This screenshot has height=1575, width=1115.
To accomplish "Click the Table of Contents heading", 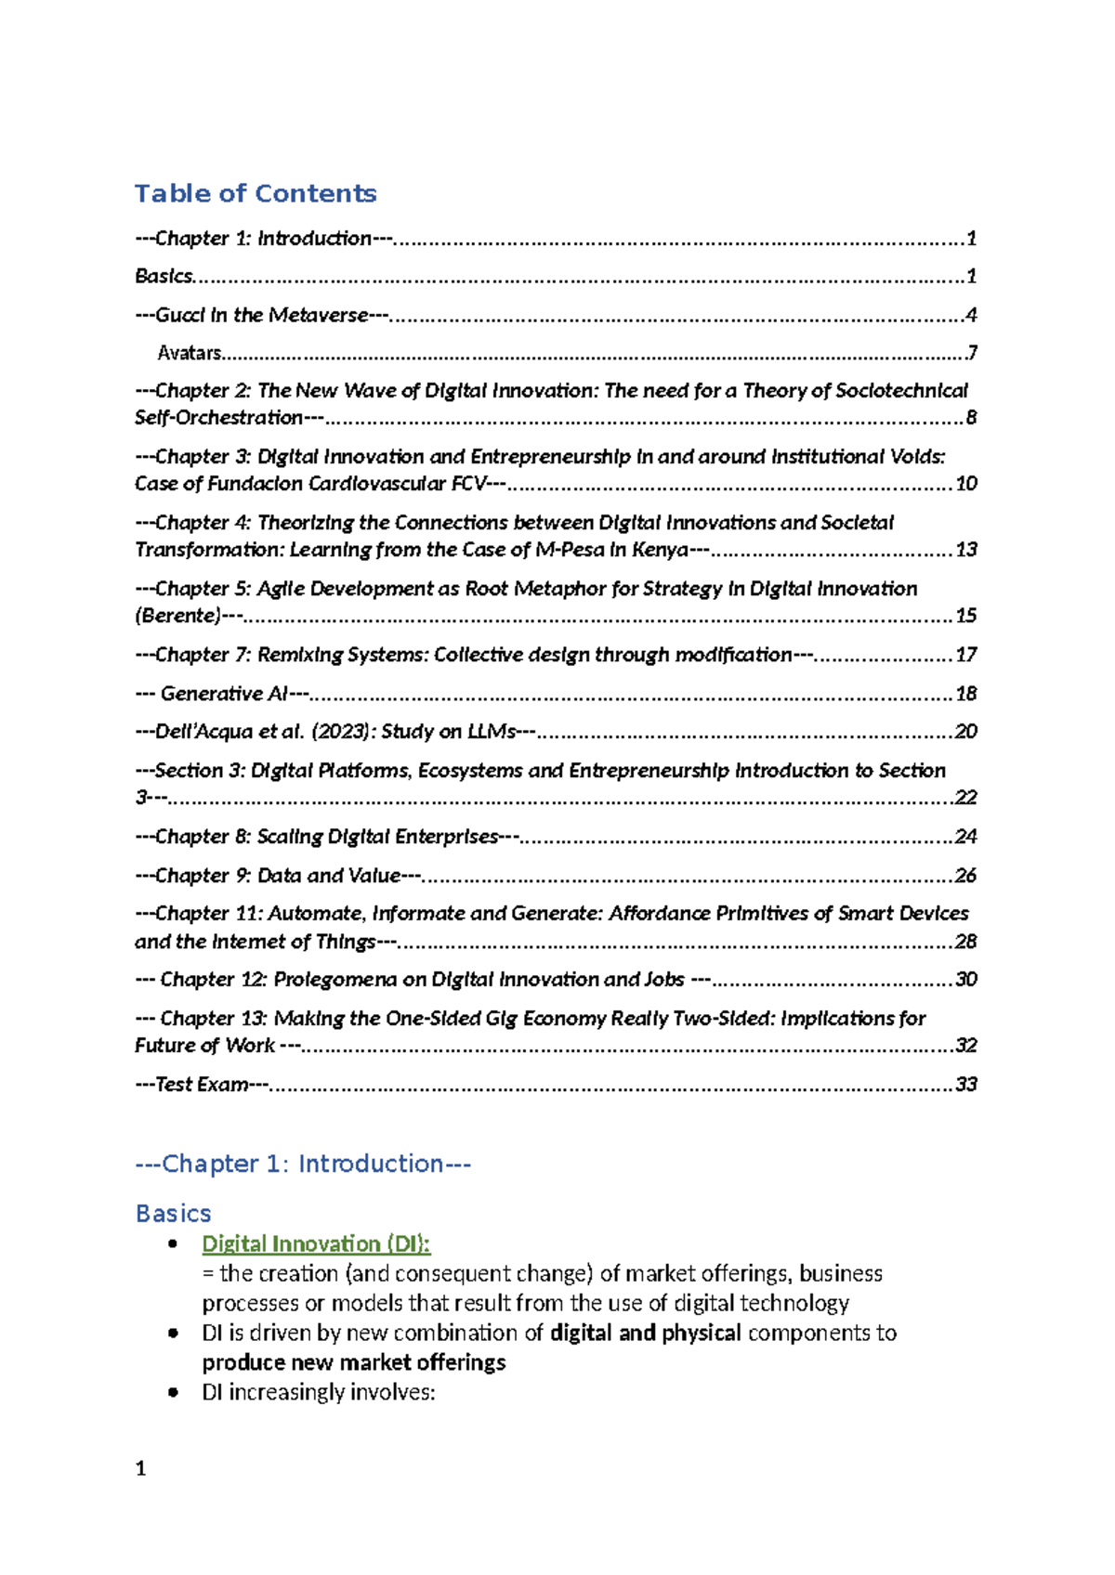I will click(x=256, y=193).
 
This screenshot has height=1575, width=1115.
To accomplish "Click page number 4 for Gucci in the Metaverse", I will click(x=971, y=315).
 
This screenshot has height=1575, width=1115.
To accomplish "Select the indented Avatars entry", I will click(x=190, y=353).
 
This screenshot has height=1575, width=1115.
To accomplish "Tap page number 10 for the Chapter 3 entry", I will click(x=966, y=483).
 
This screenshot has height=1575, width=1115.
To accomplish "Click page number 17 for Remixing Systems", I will click(x=966, y=655).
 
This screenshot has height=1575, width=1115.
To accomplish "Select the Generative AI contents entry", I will click(x=224, y=694).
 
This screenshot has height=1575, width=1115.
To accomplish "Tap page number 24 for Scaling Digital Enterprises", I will click(x=966, y=837).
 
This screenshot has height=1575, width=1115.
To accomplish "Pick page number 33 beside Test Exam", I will click(x=966, y=1085).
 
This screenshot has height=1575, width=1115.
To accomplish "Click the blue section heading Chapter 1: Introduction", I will click(x=303, y=1164).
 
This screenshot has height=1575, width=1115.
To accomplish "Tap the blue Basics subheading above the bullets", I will click(x=173, y=1214).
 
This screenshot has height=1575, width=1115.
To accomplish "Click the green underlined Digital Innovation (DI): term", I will click(x=316, y=1243).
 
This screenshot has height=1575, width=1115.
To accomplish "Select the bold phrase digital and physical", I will click(x=645, y=1333).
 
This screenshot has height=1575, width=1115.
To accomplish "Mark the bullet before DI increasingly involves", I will click(x=173, y=1392).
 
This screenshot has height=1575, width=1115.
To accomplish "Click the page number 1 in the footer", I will click(x=140, y=1468).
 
